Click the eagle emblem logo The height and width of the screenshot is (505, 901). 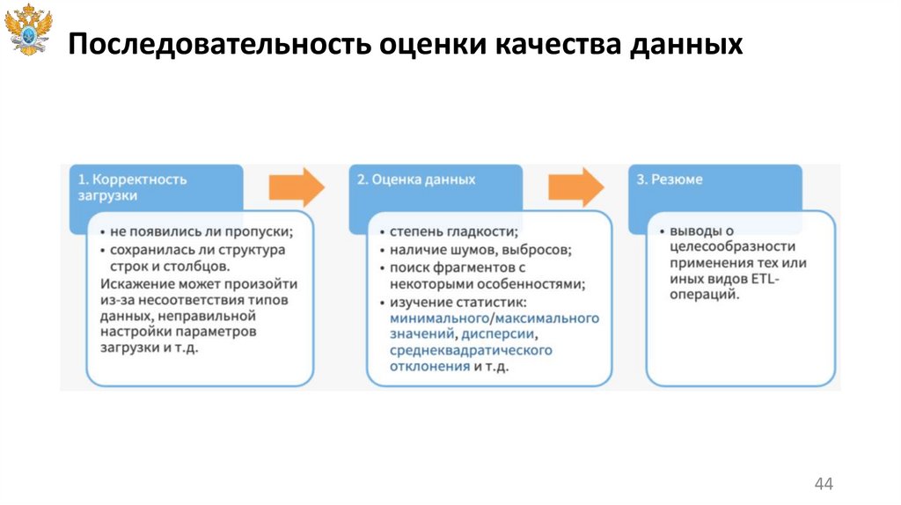pyautogui.click(x=29, y=29)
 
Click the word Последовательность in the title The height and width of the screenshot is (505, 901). pyautogui.click(x=219, y=44)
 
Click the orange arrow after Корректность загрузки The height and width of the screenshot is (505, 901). pyautogui.click(x=297, y=187)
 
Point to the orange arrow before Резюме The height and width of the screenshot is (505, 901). pyautogui.click(x=575, y=187)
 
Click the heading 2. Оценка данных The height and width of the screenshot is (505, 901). pyautogui.click(x=416, y=179)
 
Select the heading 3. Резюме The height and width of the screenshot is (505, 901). pyautogui.click(x=669, y=179)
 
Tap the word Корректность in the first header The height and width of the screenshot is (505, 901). pyautogui.click(x=140, y=179)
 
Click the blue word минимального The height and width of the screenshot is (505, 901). pyautogui.click(x=439, y=318)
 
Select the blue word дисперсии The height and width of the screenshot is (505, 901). pyautogui.click(x=499, y=333)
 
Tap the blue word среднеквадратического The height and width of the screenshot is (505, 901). pyautogui.click(x=471, y=350)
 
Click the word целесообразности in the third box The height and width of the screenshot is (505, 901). pyautogui.click(x=733, y=247)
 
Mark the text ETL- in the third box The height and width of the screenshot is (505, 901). pyautogui.click(x=765, y=279)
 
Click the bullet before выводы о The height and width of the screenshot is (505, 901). pyautogui.click(x=662, y=231)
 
